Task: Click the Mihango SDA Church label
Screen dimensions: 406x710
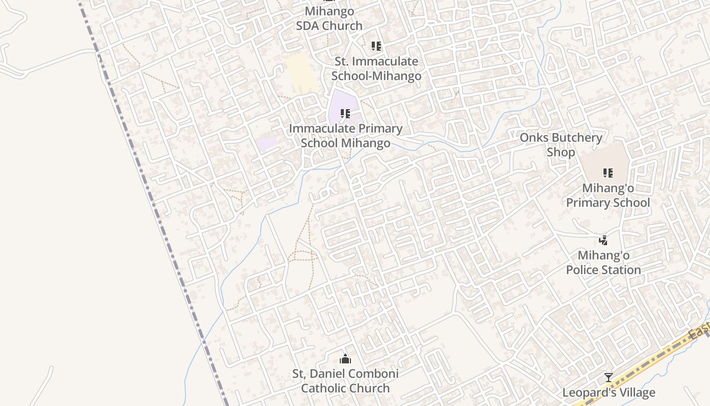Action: [329, 18]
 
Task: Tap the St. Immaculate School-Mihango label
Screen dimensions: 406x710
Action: [376, 69]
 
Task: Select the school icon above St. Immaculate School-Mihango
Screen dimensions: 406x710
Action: [376, 46]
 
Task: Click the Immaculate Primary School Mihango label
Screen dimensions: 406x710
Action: [345, 136]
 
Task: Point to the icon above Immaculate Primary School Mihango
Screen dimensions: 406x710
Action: [345, 113]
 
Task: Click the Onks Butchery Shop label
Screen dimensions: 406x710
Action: [561, 145]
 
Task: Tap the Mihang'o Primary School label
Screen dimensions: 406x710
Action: [608, 195]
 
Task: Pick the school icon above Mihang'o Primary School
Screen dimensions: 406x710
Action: [608, 173]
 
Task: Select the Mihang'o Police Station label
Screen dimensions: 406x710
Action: [603, 262]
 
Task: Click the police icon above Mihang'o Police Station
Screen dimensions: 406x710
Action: [603, 240]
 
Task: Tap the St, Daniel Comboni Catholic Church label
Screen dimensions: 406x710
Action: [345, 381]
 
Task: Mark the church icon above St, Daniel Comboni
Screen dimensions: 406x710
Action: [345, 359]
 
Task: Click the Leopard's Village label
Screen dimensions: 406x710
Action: [609, 392]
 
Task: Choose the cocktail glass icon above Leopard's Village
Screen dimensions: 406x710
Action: [609, 378]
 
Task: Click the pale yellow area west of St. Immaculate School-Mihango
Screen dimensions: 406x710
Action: [300, 71]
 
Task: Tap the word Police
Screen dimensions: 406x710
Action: [583, 269]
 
